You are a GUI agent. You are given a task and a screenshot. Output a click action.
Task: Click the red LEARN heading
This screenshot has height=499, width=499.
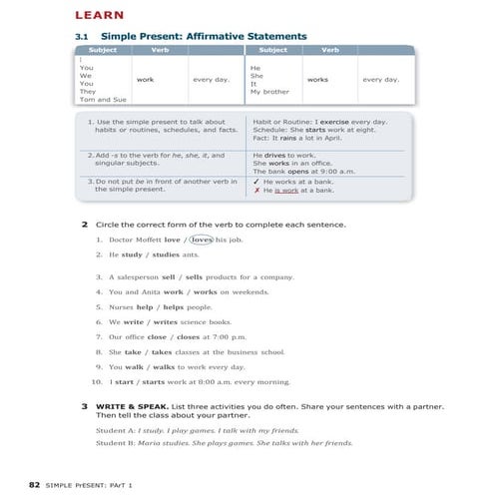coord(99,15)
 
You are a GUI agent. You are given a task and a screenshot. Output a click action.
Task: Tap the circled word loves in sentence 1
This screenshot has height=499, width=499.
coord(202,240)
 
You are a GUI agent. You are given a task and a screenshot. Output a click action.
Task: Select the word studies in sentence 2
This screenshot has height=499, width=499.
coord(178,254)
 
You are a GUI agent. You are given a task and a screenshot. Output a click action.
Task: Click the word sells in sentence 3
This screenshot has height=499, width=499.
coord(194,276)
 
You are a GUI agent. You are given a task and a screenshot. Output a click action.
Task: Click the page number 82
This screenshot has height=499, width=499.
coord(34,483)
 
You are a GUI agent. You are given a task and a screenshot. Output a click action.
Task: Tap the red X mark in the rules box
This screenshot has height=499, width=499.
coord(256,190)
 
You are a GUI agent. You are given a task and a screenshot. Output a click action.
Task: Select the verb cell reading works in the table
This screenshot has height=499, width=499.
coord(318,78)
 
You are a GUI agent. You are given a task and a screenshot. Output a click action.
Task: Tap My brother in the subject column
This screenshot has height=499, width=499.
coord(269,91)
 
